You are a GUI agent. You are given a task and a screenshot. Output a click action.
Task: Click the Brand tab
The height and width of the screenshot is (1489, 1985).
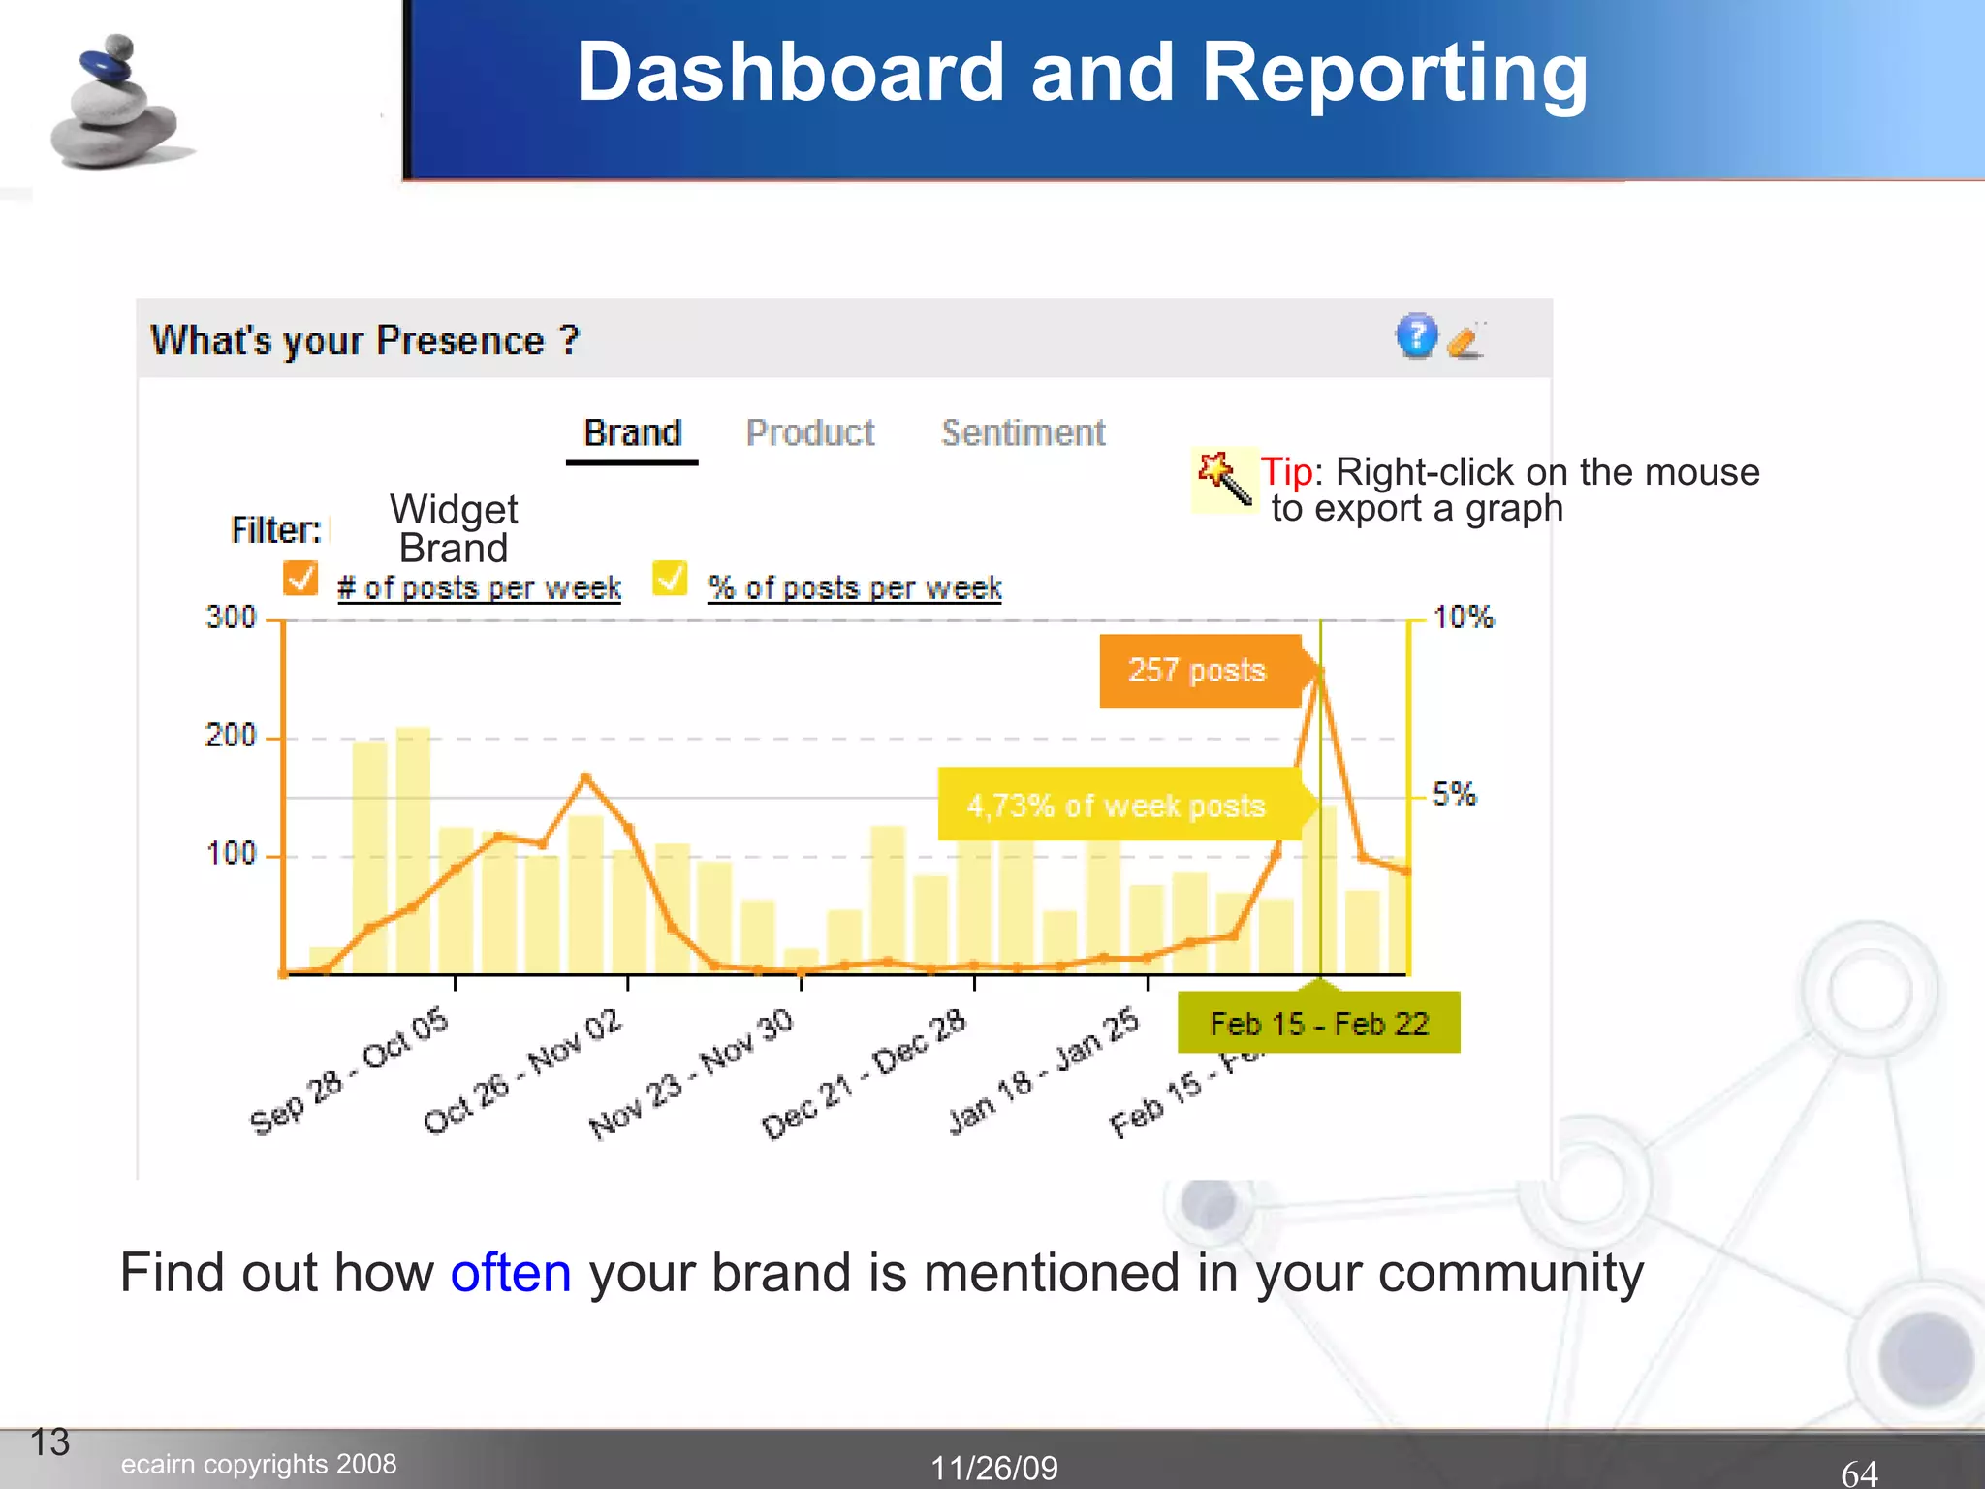(x=632, y=433)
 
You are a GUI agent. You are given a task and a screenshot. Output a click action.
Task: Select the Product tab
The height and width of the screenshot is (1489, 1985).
(x=810, y=433)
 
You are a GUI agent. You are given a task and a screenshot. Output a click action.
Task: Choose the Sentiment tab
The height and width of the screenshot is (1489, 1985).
(x=1023, y=433)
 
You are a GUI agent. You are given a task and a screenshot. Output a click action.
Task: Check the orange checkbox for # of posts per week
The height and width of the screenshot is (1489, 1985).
(x=300, y=579)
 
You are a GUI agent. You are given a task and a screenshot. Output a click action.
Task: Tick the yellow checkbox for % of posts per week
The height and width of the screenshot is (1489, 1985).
(x=670, y=579)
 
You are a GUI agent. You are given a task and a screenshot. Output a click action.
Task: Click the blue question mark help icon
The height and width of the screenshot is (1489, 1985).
(x=1416, y=336)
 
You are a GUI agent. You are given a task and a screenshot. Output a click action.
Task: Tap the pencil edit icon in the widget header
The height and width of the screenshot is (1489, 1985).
(x=1465, y=340)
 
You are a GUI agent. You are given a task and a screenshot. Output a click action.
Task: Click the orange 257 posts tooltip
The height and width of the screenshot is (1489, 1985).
(x=1198, y=671)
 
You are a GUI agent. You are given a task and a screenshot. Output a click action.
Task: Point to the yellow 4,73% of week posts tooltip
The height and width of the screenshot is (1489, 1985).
(x=1117, y=805)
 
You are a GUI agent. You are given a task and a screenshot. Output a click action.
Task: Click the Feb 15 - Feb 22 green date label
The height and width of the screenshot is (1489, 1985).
(x=1318, y=1024)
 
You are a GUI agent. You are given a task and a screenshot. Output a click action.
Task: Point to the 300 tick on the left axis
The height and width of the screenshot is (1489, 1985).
(x=231, y=618)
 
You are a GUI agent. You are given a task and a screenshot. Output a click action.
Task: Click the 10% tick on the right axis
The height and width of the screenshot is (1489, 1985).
(x=1463, y=618)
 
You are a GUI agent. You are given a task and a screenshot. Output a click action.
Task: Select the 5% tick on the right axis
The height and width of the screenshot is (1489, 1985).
(x=1454, y=794)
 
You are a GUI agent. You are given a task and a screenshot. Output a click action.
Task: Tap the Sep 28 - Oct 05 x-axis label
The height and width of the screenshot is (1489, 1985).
(x=349, y=1071)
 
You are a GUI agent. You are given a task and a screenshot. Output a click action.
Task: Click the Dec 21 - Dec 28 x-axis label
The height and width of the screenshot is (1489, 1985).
(x=863, y=1074)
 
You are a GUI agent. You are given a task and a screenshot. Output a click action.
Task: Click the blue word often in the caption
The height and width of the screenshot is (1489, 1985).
(x=511, y=1273)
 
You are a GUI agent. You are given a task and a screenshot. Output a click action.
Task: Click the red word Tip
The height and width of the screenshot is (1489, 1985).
(x=1286, y=472)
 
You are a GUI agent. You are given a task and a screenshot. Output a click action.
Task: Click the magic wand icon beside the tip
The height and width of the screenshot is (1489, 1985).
(x=1224, y=479)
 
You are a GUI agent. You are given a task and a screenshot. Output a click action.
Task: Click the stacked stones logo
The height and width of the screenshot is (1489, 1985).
(x=114, y=104)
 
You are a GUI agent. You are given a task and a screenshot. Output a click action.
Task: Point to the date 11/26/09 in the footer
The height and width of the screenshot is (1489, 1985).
(x=993, y=1468)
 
